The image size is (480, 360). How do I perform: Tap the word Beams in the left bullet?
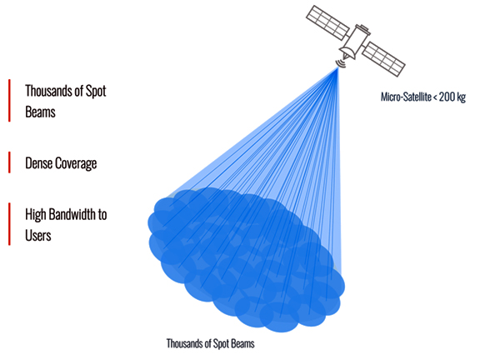[40, 112]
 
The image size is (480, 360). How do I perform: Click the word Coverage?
[76, 164]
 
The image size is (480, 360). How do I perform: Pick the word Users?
[38, 236]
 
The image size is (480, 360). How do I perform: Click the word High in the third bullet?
[35, 215]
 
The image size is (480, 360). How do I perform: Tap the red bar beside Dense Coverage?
[9, 162]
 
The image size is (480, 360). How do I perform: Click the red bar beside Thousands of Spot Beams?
[9, 100]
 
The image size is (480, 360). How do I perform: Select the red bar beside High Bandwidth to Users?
[9, 224]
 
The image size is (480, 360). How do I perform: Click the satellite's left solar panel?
[327, 22]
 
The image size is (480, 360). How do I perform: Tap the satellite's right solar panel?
[383, 59]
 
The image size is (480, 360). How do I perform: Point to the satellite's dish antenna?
[347, 52]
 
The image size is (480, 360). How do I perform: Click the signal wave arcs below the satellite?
[340, 63]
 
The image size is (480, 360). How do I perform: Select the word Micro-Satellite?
[406, 97]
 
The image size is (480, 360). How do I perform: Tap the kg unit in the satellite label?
[462, 97]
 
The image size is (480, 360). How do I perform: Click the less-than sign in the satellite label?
[435, 97]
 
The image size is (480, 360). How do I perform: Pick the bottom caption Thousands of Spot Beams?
[210, 344]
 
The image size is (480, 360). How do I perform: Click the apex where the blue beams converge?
[338, 67]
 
